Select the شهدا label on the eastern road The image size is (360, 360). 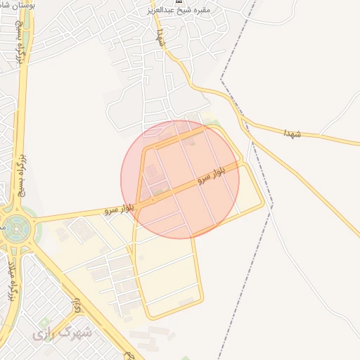[x=292, y=133]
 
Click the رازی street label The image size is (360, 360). [x=77, y=304]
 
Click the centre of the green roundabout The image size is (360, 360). [x=15, y=226]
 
